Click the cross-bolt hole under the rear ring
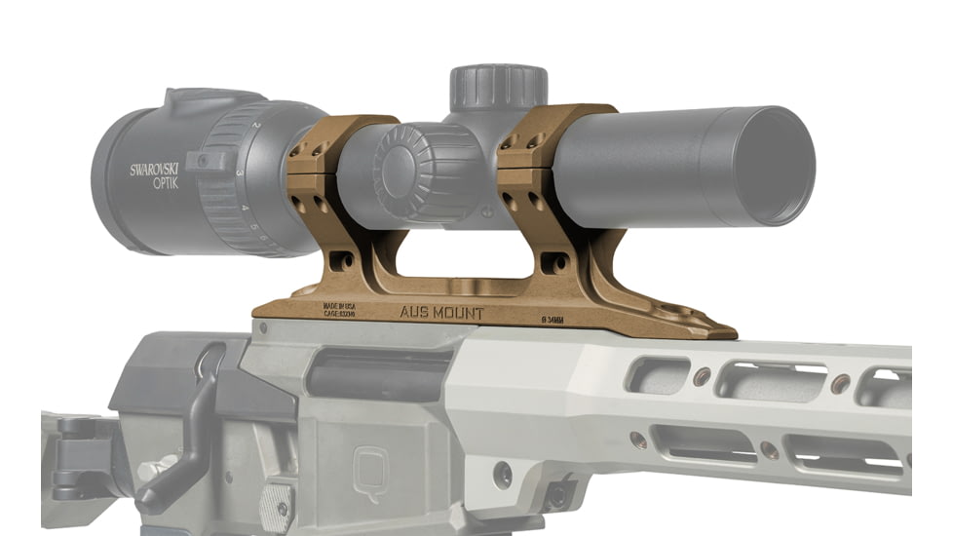tap(341, 260)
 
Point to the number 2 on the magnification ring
tap(255, 128)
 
